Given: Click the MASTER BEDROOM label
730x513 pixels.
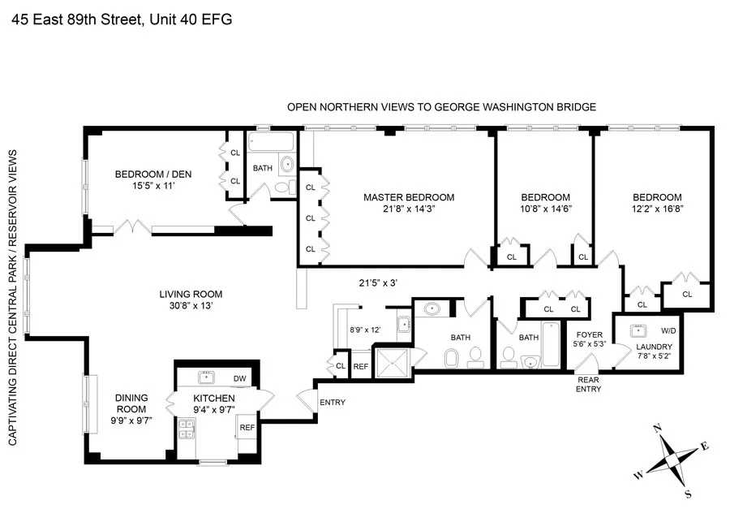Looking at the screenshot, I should coord(408,197).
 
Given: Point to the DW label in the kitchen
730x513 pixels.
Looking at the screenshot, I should coord(238,378).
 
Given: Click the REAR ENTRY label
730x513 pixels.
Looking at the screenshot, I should coord(588,383).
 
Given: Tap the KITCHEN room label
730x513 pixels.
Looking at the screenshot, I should coord(214,399).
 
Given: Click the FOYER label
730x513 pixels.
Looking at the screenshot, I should coord(589,334).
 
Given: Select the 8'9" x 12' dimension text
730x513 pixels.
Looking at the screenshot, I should coord(364,330).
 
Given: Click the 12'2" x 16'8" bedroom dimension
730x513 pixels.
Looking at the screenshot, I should coord(657,210).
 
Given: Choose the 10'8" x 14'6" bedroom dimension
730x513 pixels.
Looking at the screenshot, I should coord(545,210).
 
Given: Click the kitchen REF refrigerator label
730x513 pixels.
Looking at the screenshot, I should coord(247,427).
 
